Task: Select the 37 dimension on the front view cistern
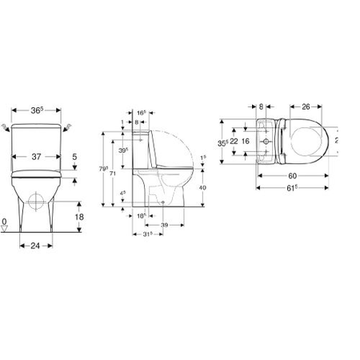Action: [x=38, y=157]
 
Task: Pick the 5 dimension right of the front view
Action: [x=74, y=158]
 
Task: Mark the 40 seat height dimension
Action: [x=206, y=187]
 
